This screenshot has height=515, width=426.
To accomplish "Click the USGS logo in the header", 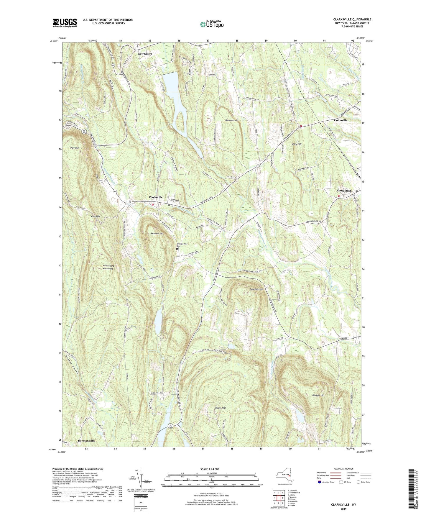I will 65,23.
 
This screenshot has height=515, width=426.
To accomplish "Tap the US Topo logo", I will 212,24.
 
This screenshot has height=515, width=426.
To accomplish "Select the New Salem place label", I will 145,54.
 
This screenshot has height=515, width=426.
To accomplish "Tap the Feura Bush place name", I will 344,191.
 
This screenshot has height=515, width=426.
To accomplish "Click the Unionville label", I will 341,120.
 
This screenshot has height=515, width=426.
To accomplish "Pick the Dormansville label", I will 86,441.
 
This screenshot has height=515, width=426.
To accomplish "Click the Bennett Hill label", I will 157,233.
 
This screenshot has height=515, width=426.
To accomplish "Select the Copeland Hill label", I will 257,289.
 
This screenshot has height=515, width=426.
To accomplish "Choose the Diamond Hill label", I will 232,120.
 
